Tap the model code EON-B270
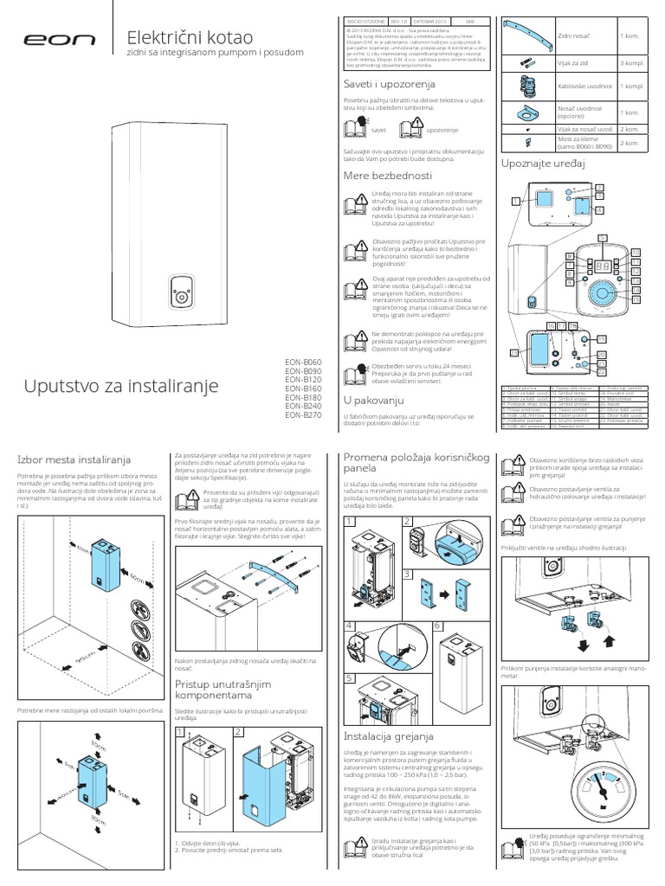point(303,414)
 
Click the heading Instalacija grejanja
point(388,735)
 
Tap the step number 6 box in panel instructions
point(438,624)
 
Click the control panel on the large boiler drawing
point(181,292)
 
